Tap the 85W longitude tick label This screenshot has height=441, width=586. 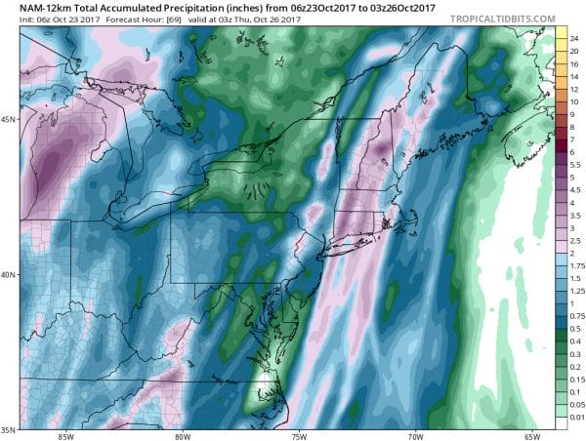tap(65, 435)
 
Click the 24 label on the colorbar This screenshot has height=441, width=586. tap(563, 36)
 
